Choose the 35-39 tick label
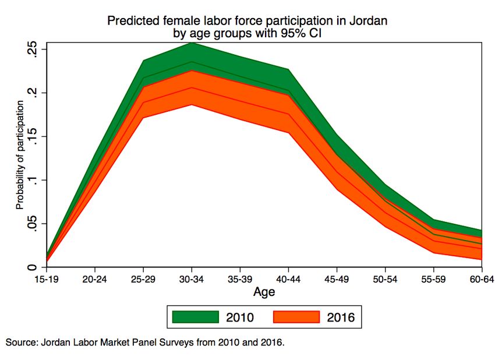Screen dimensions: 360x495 [241, 279]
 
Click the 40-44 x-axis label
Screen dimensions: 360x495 [288, 279]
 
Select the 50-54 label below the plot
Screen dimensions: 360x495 [384, 279]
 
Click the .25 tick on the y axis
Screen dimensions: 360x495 [34, 50]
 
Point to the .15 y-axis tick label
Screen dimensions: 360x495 [34, 137]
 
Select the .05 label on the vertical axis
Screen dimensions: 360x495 [34, 224]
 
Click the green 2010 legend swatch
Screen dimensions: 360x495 [196, 317]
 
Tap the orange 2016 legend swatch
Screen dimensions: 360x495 [297, 317]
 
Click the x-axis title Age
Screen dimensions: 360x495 [264, 291]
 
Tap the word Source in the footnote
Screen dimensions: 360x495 [21, 343]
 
